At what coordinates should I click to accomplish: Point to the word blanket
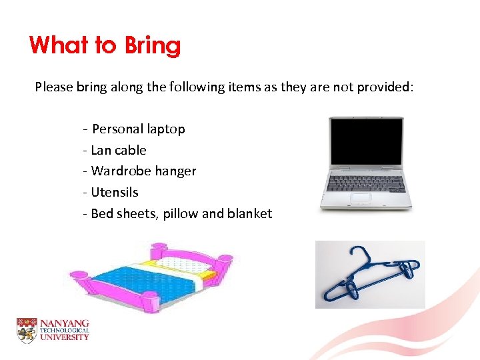tap(250, 213)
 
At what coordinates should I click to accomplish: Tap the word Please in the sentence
tap(55, 87)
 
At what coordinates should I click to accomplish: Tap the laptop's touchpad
tap(361, 197)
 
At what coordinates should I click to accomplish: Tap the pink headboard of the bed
tap(193, 257)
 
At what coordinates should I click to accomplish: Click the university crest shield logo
tap(26, 331)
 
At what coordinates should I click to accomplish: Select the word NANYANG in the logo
tap(64, 323)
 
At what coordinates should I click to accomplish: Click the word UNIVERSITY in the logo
tap(64, 337)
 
